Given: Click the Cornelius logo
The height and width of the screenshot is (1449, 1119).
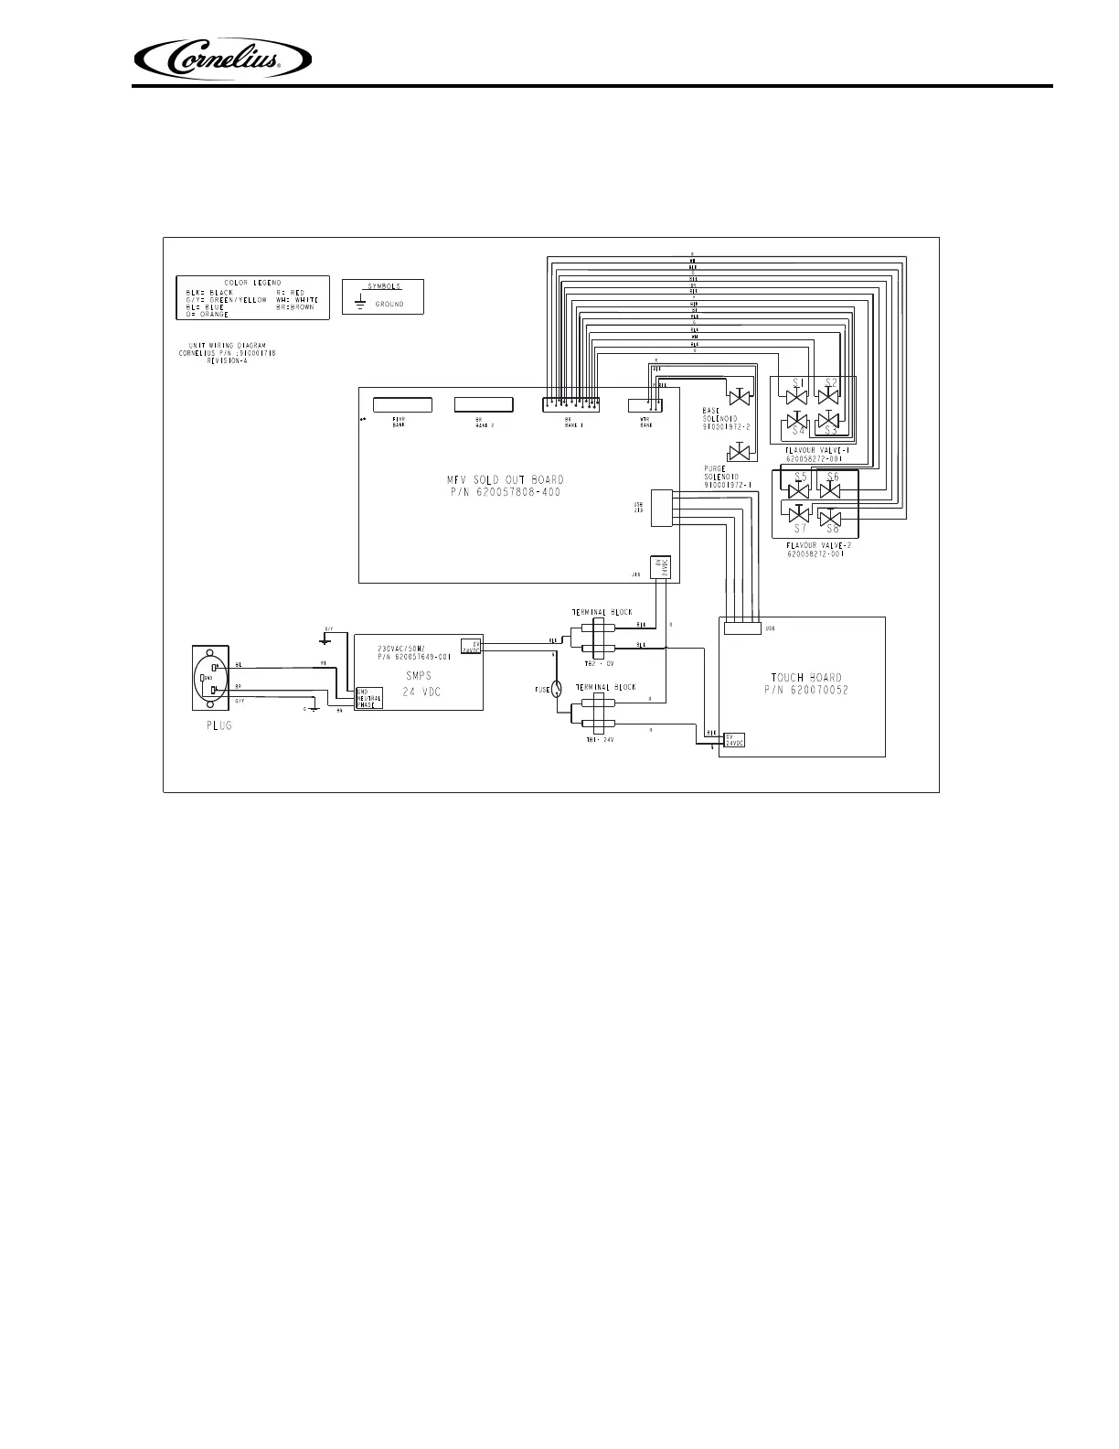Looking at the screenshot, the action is (223, 61).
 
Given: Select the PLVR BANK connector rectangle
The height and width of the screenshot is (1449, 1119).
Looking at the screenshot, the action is (401, 404).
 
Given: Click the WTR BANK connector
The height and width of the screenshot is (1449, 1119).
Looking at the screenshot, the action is (646, 404).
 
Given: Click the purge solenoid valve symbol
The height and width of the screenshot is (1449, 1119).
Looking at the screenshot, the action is (739, 452).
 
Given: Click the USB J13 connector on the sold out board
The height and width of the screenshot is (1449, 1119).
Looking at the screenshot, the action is (661, 507).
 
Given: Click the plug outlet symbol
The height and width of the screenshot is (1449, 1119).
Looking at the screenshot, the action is (210, 678).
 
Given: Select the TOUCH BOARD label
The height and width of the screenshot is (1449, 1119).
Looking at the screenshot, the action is (805, 678).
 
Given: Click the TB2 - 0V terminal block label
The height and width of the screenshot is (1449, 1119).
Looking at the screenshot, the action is (601, 661).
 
